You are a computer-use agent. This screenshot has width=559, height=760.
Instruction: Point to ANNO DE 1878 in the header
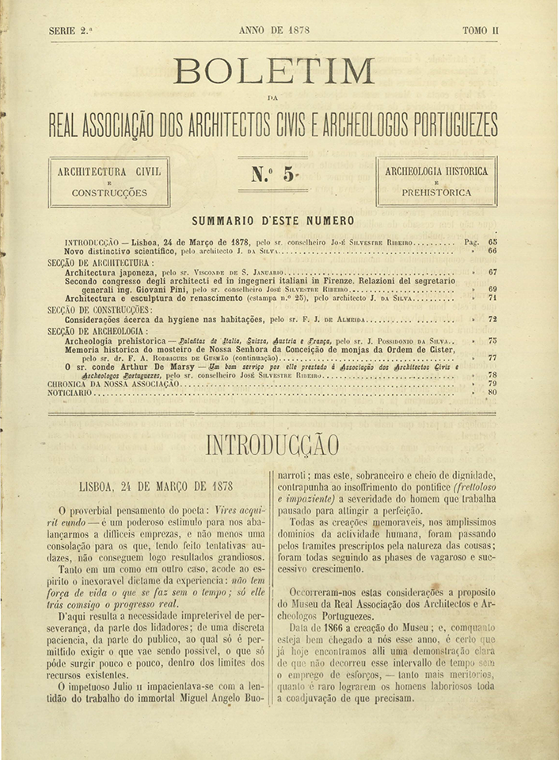pos(273,30)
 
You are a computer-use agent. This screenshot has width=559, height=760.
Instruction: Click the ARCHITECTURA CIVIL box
pos(109,181)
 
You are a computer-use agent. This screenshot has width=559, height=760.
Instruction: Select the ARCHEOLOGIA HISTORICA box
pos(435,181)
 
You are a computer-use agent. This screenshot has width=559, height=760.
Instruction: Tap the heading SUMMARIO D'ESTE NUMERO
pos(273,221)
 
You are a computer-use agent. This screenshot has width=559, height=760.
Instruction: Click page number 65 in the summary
pos(492,241)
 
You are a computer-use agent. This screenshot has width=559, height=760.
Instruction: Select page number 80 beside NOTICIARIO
pos(492,392)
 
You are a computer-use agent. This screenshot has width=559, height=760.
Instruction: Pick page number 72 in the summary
pos(492,320)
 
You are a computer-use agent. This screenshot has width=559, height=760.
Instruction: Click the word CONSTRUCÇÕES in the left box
pos(109,192)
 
